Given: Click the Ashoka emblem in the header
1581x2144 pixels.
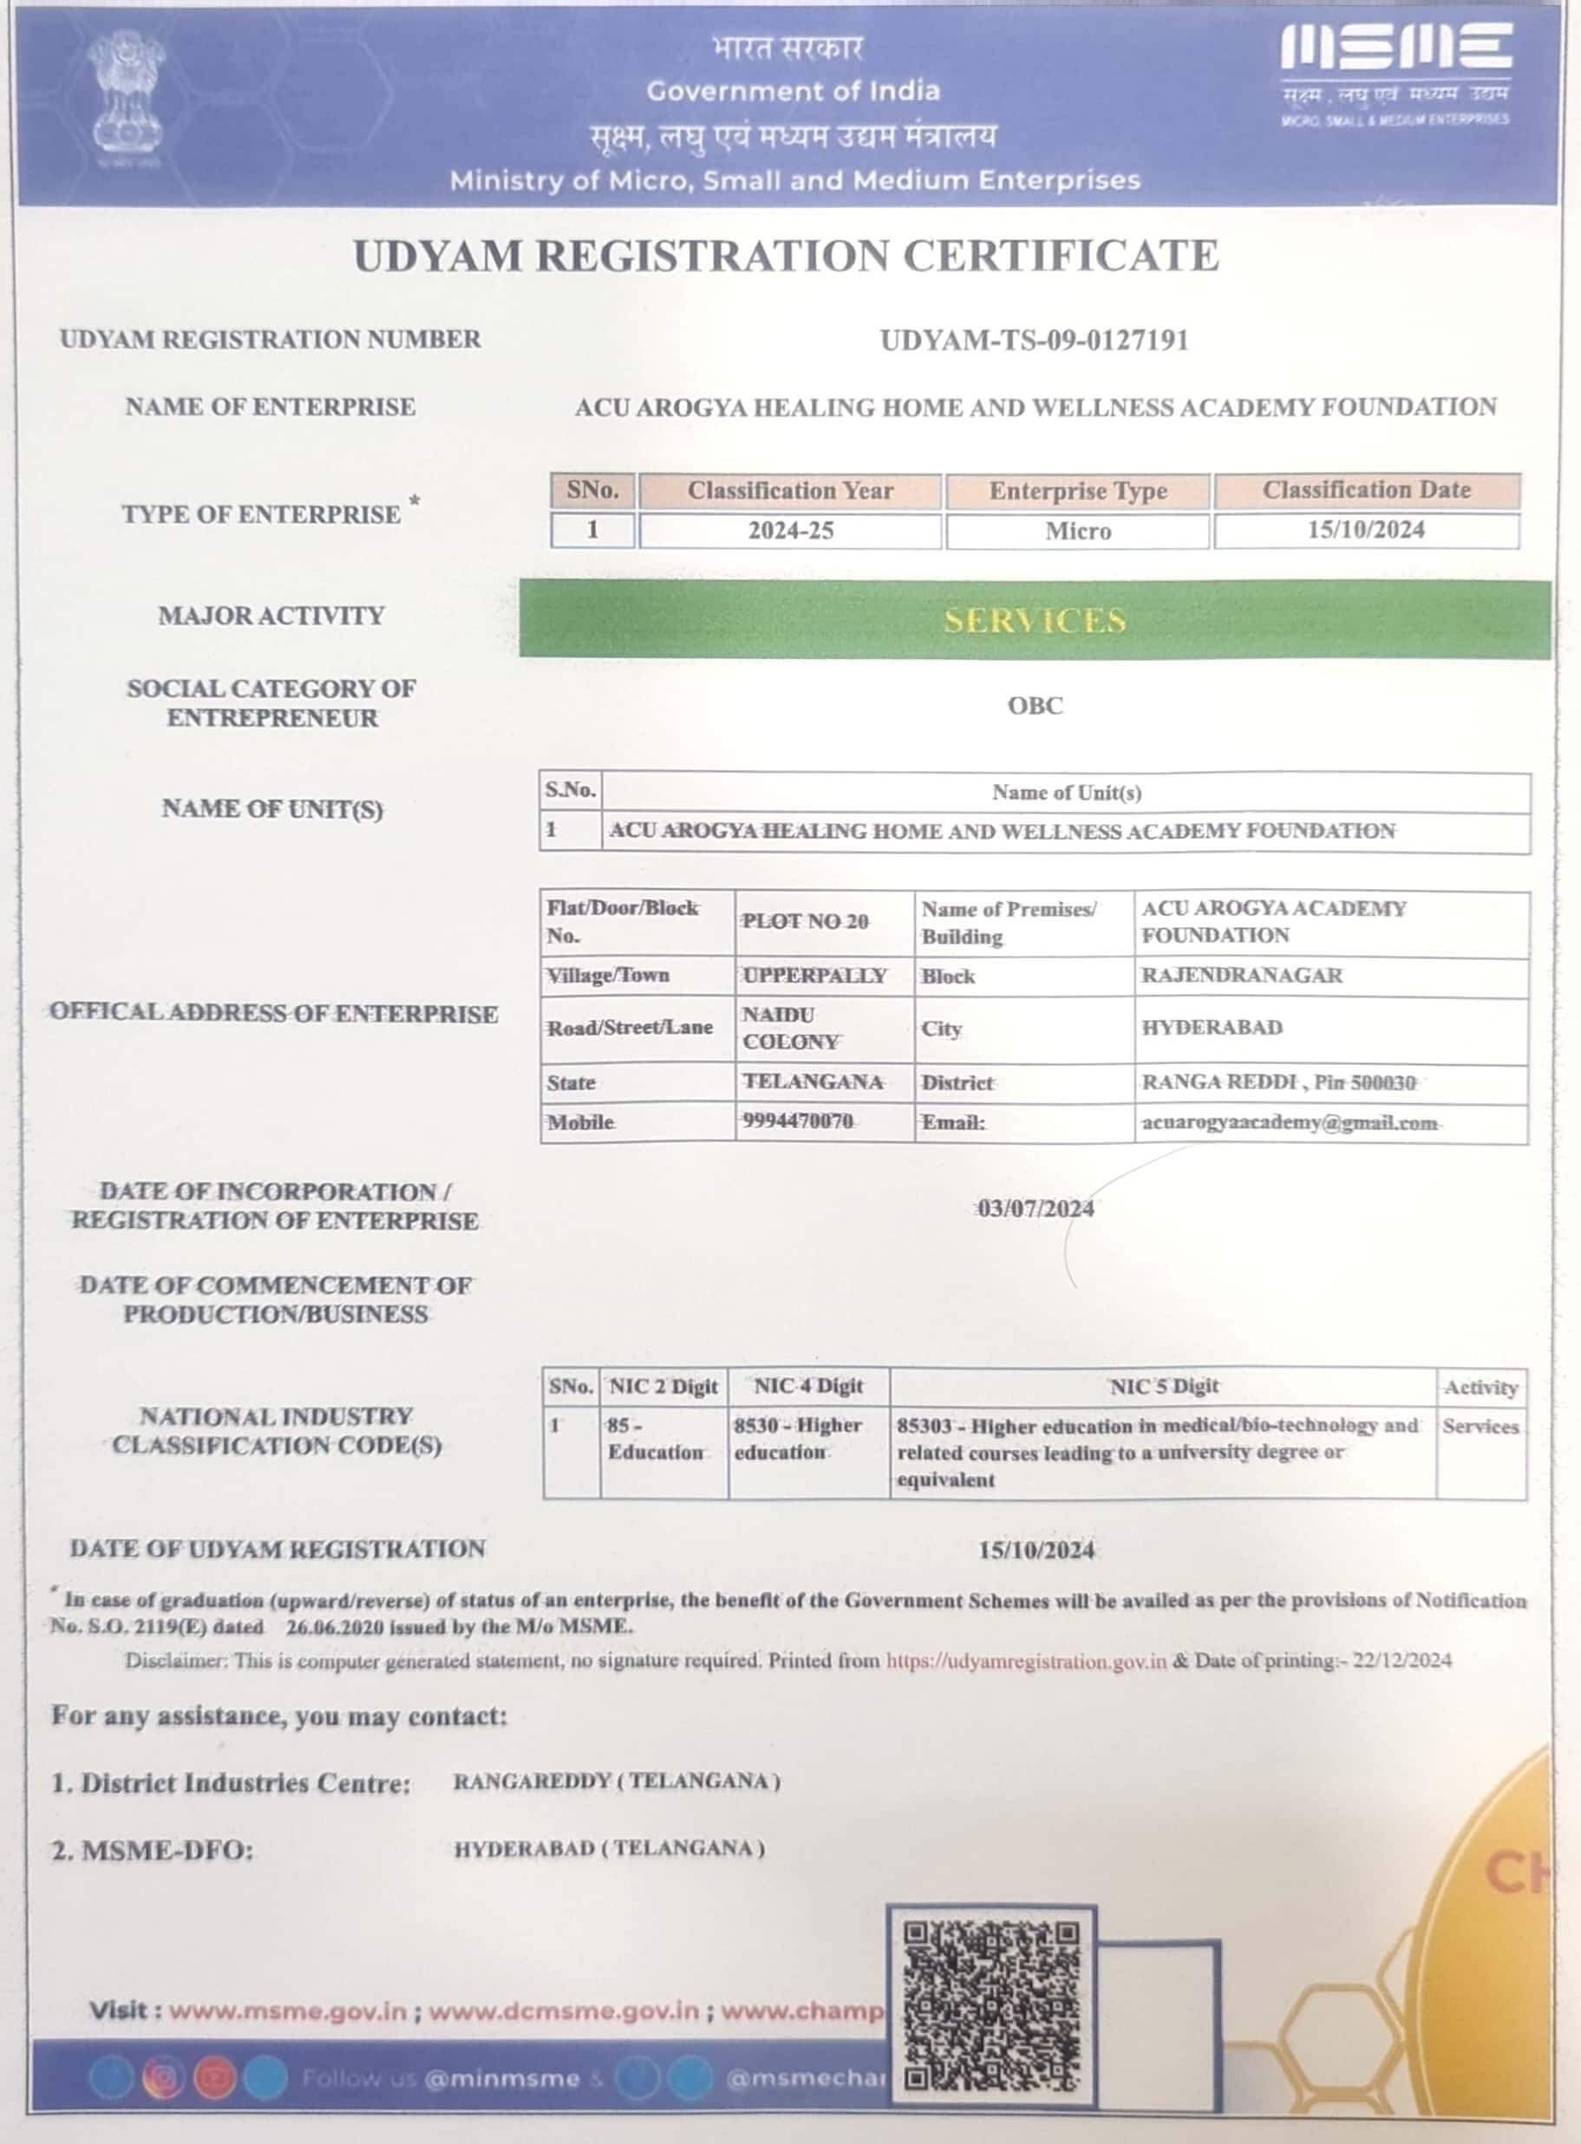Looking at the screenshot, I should point(124,102).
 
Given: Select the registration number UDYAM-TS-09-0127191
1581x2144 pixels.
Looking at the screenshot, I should point(1034,341).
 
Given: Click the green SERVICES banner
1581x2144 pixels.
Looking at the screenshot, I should point(1034,619).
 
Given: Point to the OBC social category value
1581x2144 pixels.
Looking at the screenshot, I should point(1035,705).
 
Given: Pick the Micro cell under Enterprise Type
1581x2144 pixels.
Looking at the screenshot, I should point(1078,531).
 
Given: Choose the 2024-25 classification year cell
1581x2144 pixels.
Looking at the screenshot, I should point(791,531).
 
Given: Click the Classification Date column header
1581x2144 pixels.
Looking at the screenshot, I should point(1366,490).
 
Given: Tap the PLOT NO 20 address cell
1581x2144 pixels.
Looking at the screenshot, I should point(806,922).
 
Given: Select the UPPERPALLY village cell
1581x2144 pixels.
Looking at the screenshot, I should point(814,977).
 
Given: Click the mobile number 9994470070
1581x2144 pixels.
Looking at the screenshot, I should point(797,1121).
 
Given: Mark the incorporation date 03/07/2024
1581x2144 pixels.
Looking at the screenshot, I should point(1035,1209).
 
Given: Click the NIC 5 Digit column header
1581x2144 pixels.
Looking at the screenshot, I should point(1164,1386).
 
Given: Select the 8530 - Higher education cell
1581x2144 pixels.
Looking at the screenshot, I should point(797,1439).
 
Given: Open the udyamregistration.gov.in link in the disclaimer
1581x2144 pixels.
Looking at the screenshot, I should point(1026,1661).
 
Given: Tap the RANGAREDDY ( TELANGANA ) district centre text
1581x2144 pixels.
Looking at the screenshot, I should point(617,1781).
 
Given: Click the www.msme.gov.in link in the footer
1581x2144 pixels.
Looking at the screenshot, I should point(288,2011).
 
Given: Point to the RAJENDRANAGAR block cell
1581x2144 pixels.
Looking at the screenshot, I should point(1241,977).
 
